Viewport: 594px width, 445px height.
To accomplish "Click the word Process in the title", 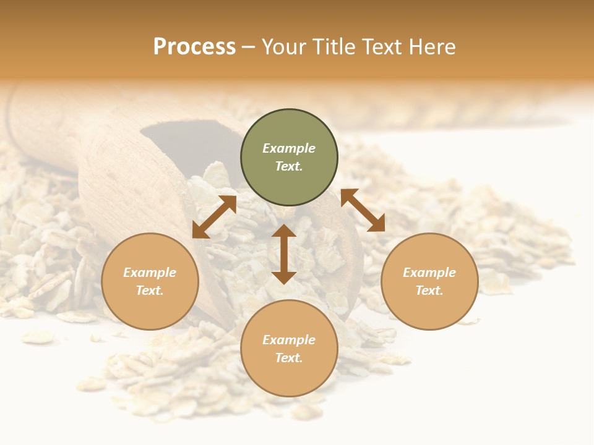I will (x=194, y=47).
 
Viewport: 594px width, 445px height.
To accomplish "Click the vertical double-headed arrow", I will (x=284, y=254).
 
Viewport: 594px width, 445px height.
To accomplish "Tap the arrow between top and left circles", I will (x=214, y=216).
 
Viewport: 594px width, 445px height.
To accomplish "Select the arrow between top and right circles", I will (x=363, y=210).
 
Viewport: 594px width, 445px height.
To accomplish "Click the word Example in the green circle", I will (x=289, y=148).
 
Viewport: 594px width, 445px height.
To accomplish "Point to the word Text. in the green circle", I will (x=289, y=166).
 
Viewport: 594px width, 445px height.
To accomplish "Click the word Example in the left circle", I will (x=150, y=273).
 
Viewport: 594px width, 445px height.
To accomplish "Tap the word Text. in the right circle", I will (x=429, y=290).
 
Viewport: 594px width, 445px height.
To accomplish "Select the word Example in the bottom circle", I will (x=289, y=340).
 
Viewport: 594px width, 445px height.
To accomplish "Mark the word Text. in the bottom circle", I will (x=289, y=358).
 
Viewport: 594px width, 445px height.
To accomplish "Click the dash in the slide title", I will (x=249, y=48).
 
